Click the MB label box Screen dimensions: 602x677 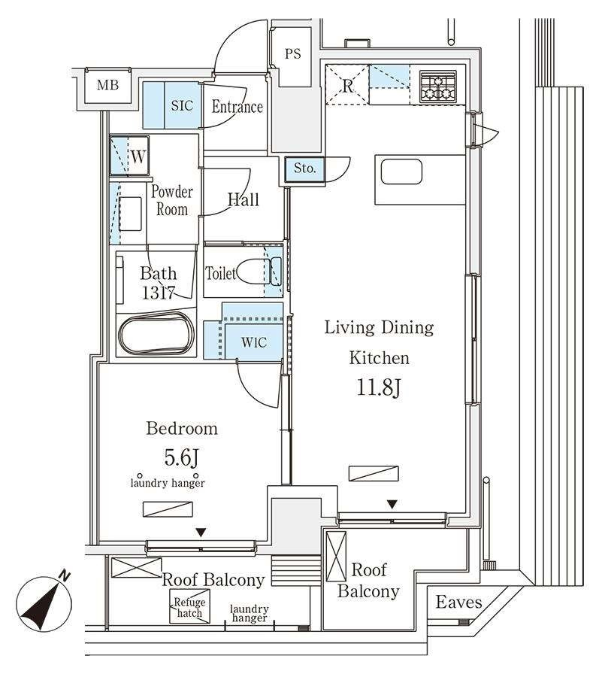pos(107,86)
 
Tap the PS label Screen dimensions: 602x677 pos(293,54)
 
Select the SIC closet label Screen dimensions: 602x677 pos(182,106)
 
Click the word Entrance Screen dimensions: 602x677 pos(237,107)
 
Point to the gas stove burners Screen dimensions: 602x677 pos(438,87)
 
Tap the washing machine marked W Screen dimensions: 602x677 pos(130,156)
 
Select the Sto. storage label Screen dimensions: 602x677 pos(305,168)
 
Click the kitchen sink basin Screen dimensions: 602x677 pos(401,172)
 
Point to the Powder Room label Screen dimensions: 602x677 pos(172,200)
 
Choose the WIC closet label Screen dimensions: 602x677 pos(254,343)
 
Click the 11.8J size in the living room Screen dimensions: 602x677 pos(379,387)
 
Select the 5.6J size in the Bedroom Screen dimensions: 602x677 pos(182,457)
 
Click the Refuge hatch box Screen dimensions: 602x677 pos(189,608)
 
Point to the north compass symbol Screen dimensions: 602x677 pos(44,603)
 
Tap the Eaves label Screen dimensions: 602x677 pos(458,602)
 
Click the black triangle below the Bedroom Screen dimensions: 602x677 pos(201,533)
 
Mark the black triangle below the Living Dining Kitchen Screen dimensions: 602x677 pos(392,504)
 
